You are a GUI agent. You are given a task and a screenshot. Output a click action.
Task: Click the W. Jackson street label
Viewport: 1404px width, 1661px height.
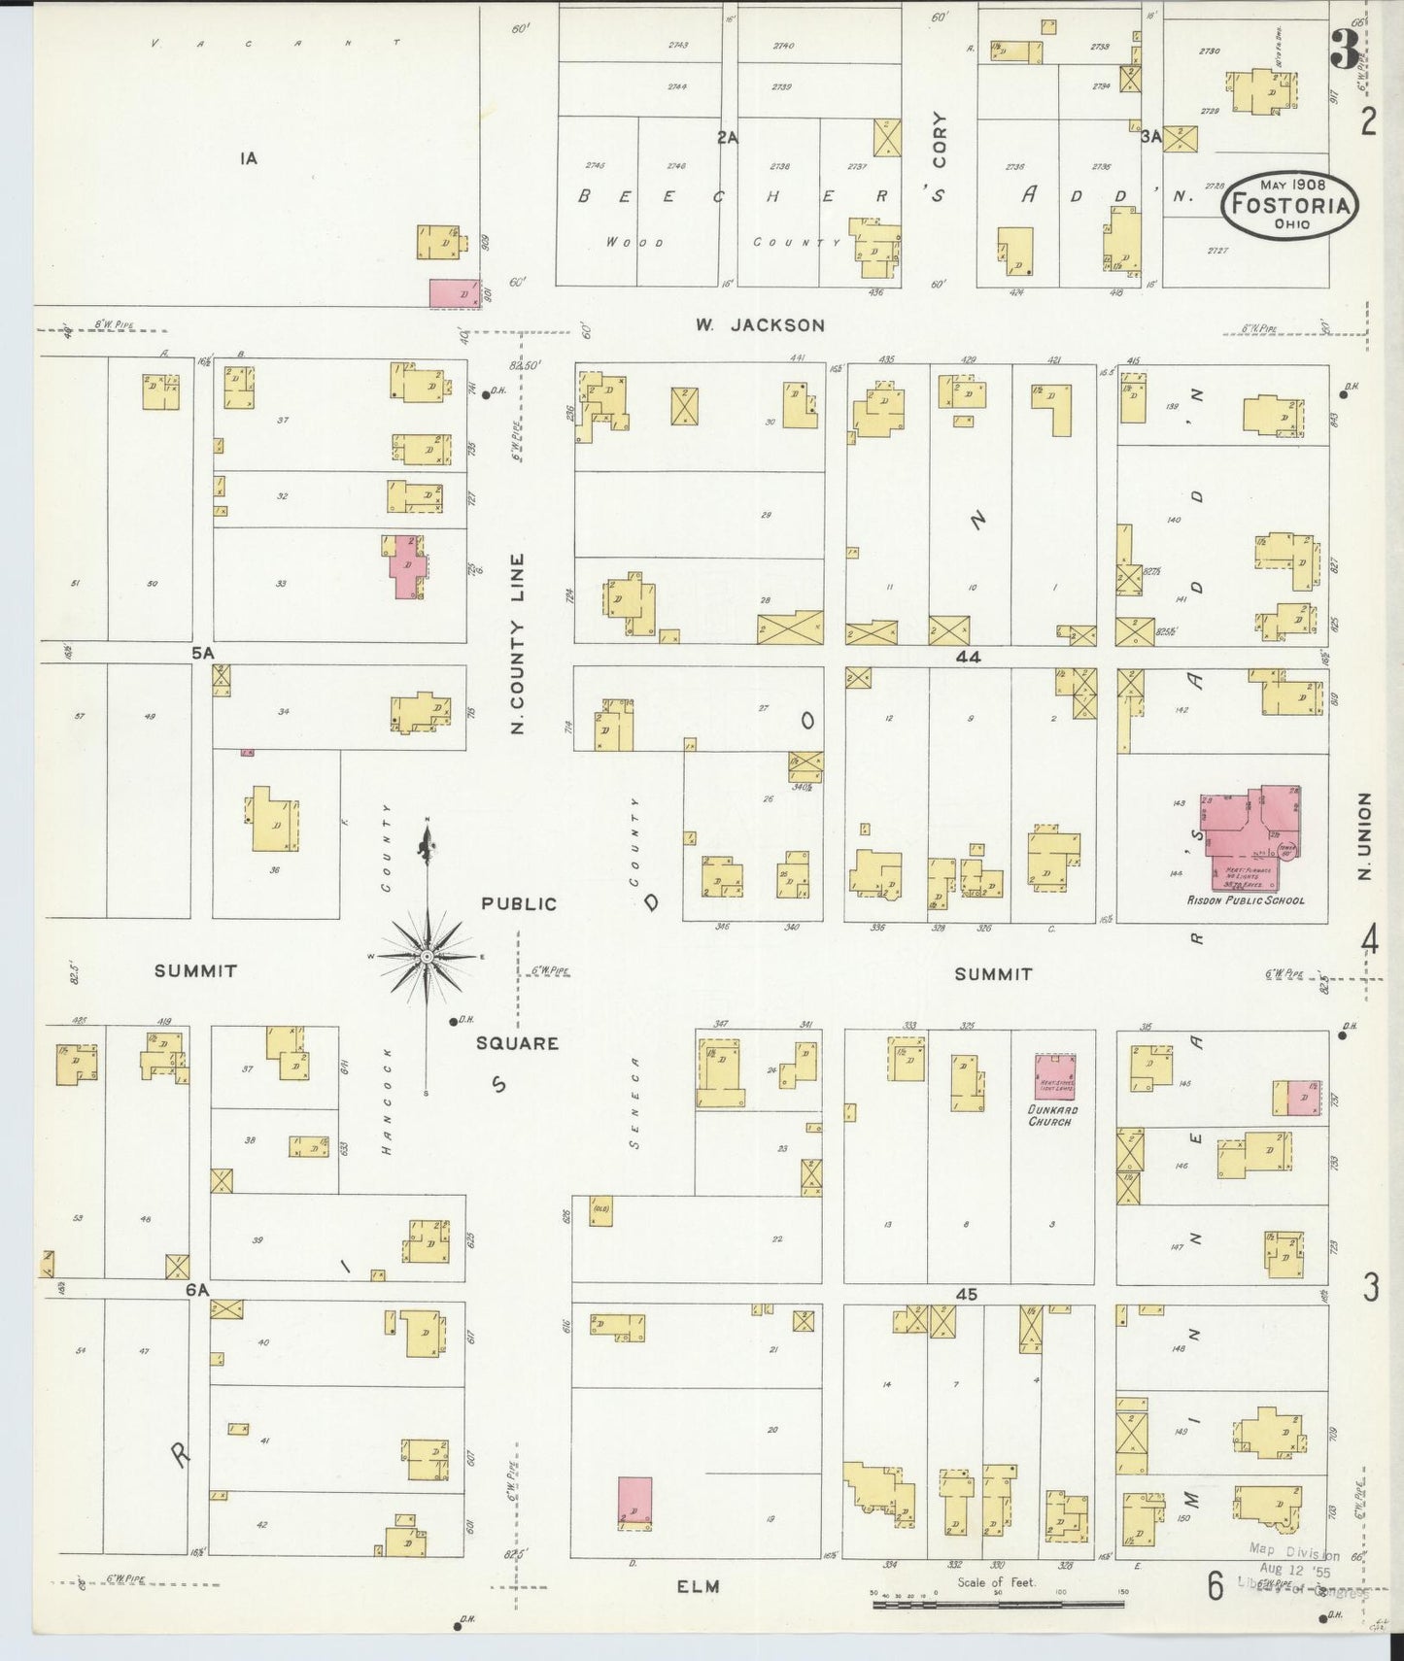760,325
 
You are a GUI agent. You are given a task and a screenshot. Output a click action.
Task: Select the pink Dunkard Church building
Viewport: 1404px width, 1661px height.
1054,1076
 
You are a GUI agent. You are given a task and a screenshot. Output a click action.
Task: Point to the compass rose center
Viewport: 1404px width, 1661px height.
426,958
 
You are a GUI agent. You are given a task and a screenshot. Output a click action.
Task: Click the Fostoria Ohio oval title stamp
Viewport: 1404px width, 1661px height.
1289,204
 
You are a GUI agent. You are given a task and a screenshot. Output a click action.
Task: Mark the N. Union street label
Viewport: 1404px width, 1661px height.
1364,836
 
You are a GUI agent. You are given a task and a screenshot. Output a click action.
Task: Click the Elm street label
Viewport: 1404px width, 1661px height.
698,1586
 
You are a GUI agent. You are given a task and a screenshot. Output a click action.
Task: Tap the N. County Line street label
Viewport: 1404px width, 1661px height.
517,643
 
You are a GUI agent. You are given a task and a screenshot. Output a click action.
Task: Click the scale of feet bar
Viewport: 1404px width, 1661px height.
998,1604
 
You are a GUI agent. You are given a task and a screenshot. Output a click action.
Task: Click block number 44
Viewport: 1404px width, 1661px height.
968,658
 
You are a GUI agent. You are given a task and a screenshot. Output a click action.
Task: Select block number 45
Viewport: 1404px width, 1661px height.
966,1295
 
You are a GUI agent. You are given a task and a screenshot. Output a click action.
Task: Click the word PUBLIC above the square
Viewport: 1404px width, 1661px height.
519,904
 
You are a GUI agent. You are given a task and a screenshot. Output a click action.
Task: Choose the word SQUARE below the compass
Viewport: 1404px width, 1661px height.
517,1044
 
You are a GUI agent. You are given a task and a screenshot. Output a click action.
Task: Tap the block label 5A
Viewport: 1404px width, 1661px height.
201,654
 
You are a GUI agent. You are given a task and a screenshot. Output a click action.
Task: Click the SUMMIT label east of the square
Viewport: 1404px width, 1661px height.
992,973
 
